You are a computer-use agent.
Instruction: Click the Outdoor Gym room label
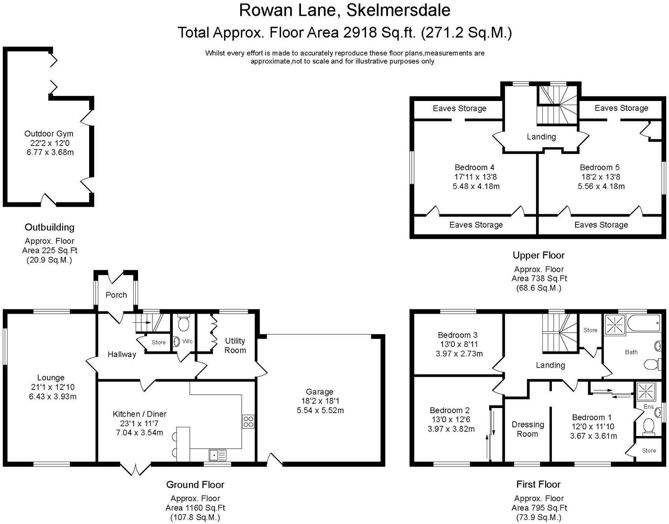tap(49, 134)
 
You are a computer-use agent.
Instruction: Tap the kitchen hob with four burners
tap(248, 422)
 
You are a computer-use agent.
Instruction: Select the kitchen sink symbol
tap(217, 455)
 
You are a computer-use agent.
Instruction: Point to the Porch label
tap(116, 295)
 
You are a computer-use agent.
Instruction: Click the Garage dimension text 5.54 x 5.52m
tap(320, 410)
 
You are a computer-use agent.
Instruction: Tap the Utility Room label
tap(235, 345)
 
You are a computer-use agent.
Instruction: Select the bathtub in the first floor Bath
tap(643, 325)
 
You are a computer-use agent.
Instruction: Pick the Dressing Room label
tap(528, 429)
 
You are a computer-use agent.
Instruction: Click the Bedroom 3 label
tap(458, 335)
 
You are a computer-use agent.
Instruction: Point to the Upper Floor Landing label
tap(541, 137)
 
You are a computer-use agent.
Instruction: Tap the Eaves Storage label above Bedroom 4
tap(459, 109)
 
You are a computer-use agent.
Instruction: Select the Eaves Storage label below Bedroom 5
tap(601, 225)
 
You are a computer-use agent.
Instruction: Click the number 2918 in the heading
tap(360, 32)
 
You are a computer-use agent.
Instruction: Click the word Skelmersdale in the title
tap(398, 10)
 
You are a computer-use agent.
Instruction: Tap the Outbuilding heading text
tap(49, 227)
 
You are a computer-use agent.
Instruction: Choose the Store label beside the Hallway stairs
tap(159, 342)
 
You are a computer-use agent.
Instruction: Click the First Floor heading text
tap(538, 484)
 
